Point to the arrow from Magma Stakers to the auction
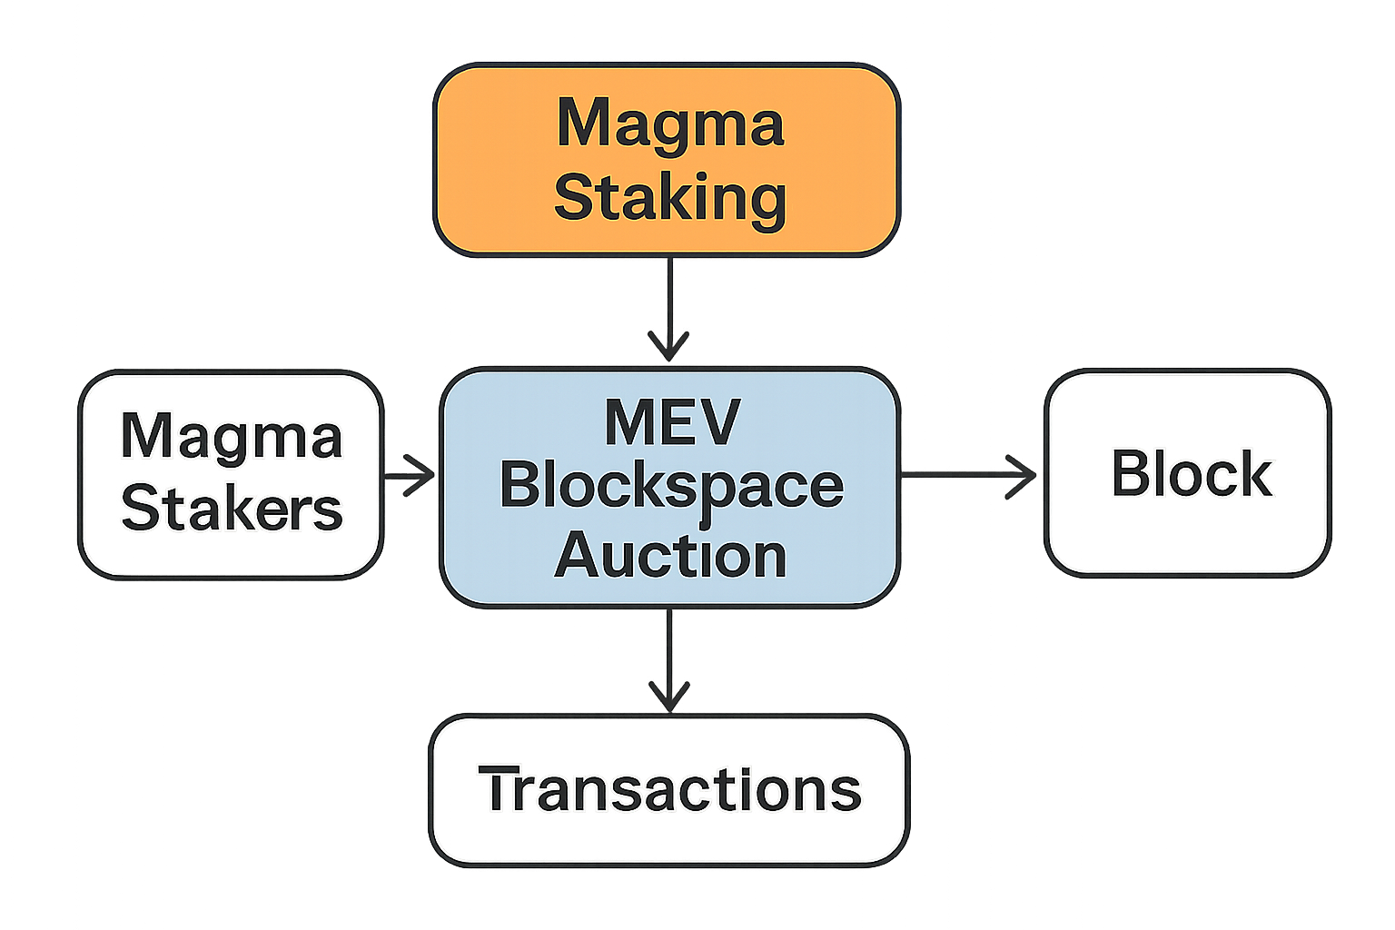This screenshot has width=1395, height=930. click(x=409, y=475)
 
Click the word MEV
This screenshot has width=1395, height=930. click(x=672, y=423)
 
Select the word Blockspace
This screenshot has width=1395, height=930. click(x=671, y=487)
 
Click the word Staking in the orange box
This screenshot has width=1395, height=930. click(x=669, y=198)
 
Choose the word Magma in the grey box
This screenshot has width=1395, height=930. click(x=232, y=436)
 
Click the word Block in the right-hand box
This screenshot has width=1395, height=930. click(x=1192, y=474)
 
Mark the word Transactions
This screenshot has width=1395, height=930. click(x=669, y=788)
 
